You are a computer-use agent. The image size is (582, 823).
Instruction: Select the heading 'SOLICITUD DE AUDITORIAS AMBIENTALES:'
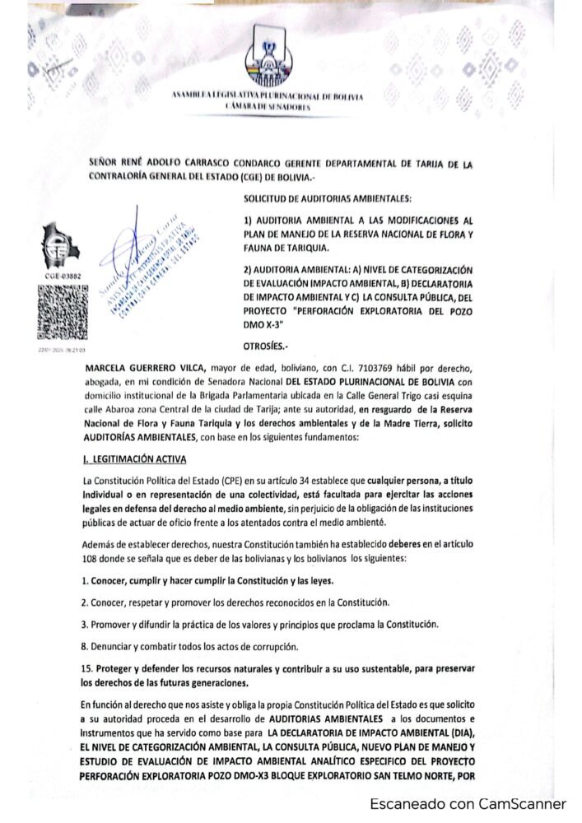329,199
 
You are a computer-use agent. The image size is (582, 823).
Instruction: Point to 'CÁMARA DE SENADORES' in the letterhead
267,108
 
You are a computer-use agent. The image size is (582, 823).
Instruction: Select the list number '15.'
88,667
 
